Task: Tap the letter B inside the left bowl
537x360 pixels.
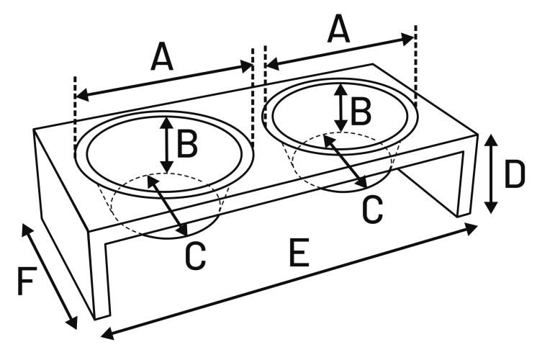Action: click(x=187, y=144)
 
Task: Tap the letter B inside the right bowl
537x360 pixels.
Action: click(x=361, y=109)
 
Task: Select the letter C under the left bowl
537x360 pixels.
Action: click(x=195, y=256)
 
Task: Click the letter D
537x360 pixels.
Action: click(x=514, y=174)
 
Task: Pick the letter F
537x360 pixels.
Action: click(x=26, y=283)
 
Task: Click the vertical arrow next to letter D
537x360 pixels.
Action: click(x=490, y=173)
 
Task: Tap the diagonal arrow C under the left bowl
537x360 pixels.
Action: click(x=167, y=205)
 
